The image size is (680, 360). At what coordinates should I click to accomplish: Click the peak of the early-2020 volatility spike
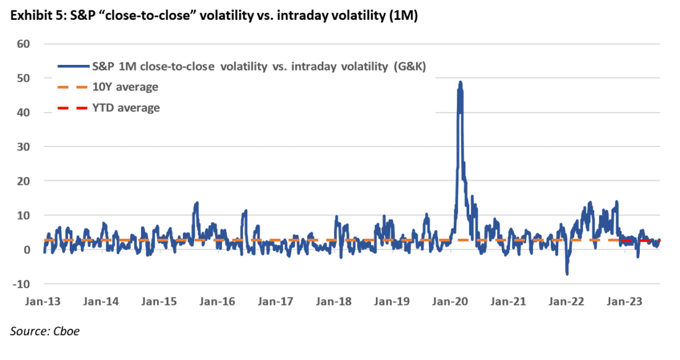click(x=460, y=82)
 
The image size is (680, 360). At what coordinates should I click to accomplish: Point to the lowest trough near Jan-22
click(x=567, y=273)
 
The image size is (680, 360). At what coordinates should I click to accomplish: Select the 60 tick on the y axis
click(x=24, y=44)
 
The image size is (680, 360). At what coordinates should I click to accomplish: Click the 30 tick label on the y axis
click(x=24, y=147)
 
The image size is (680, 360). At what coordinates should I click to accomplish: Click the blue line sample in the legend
click(x=72, y=66)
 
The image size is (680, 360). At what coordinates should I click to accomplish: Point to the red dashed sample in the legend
click(x=72, y=108)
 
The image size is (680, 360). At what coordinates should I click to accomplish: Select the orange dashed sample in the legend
click(x=72, y=87)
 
